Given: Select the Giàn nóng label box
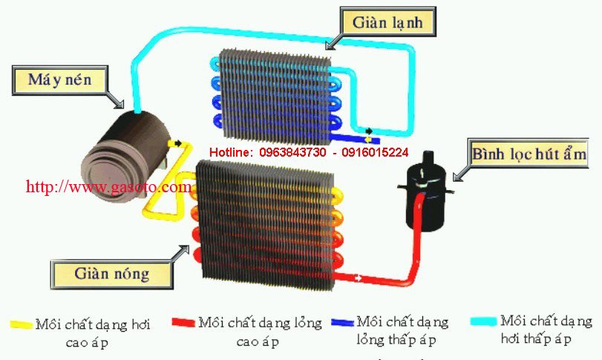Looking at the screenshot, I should [111, 274].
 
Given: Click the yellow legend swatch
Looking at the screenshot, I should [22, 325].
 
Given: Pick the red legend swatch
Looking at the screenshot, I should [183, 323].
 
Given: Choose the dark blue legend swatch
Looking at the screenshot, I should [342, 323].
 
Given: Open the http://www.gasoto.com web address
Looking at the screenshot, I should [108, 187].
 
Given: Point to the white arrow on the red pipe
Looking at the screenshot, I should [361, 278].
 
